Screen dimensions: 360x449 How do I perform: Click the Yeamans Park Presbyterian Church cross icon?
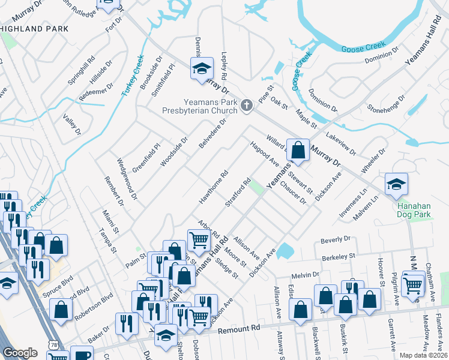click(x=246, y=107)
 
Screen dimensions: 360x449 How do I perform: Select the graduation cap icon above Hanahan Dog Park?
click(x=396, y=185)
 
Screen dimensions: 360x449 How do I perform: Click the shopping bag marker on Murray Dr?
click(x=298, y=150)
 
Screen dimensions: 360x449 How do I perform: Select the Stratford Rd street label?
click(x=238, y=193)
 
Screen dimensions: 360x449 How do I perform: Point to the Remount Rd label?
click(x=238, y=329)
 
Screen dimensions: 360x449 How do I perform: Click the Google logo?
click(x=19, y=353)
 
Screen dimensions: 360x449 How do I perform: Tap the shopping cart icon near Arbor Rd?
click(x=199, y=240)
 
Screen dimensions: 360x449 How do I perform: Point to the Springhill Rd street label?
click(x=82, y=70)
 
